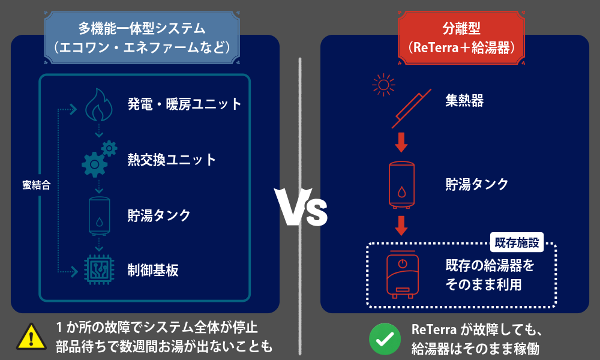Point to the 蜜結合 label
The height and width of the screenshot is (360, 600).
pos(36,185)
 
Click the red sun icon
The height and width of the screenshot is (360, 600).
pos(383,85)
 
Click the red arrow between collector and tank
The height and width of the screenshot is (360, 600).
pos(401,142)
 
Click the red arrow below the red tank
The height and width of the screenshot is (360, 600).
pos(401,225)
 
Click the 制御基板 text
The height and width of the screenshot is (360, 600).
pos(153,270)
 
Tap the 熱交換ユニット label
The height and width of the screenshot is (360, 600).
pos(171,160)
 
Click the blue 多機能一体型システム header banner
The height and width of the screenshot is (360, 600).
pos(142,37)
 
